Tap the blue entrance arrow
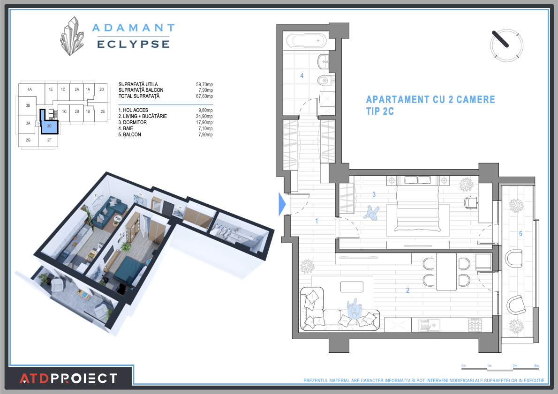tap(282, 204)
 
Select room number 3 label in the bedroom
tap(374, 194)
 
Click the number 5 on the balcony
tap(520, 233)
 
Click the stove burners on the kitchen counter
tap(475, 324)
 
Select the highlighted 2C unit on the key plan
tap(49, 125)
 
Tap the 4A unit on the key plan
tap(30, 89)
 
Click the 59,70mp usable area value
tap(204, 84)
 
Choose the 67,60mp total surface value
tap(204, 96)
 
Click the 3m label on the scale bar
tap(536, 365)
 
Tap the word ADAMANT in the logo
tap(133, 28)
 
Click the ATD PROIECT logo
tap(68, 378)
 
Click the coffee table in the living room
tap(352, 286)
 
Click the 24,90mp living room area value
tap(204, 116)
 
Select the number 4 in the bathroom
tap(302, 75)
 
